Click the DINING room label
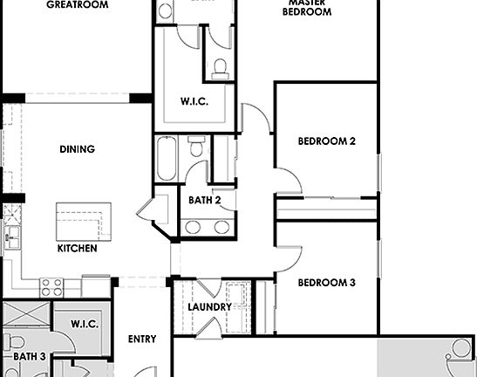coord(77,149)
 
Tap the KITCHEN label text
coord(77,249)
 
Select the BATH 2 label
coord(205,201)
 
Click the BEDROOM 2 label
coord(326,141)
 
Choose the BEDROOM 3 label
coord(326,283)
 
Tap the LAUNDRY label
coord(209,307)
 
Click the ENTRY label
coord(142,339)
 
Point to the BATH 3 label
coord(29,357)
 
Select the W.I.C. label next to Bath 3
coord(85,324)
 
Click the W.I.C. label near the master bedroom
coord(194,101)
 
